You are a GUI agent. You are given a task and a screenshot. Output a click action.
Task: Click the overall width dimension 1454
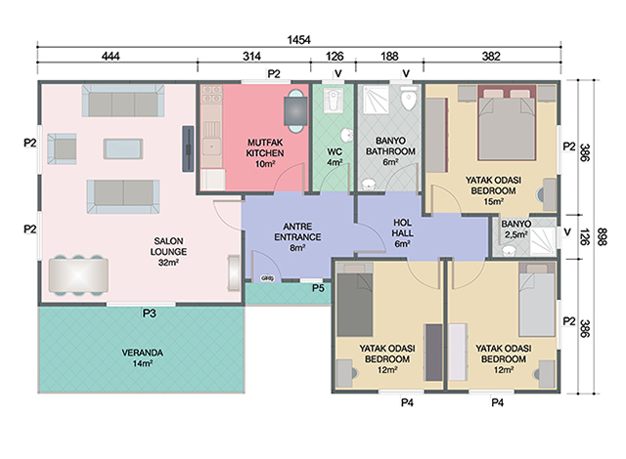[x=299, y=39]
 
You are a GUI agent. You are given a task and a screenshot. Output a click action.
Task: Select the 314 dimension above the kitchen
[x=253, y=58]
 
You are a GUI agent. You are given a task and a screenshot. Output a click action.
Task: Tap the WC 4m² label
[x=335, y=156]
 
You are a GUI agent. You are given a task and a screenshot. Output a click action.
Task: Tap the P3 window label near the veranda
[x=149, y=313]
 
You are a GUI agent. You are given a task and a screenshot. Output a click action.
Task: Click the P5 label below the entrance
[x=319, y=288]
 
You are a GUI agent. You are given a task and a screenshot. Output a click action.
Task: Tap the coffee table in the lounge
[x=121, y=148]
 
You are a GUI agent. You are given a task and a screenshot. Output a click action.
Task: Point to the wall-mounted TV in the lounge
[x=186, y=148]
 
